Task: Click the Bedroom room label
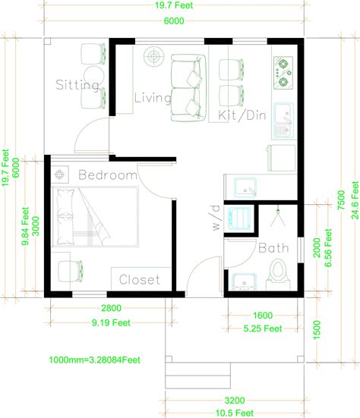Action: coord(108,176)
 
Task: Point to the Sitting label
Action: coord(77,85)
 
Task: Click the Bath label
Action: coord(272,248)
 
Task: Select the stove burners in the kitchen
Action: coord(283,69)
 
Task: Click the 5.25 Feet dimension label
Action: coord(262,328)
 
